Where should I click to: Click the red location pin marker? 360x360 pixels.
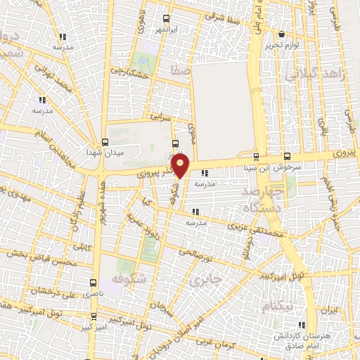tap(181, 167)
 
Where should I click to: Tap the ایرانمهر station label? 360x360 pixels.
tap(165, 31)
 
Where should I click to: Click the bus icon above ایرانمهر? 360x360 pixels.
tap(166, 19)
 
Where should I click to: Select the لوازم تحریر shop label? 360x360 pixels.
tap(281, 44)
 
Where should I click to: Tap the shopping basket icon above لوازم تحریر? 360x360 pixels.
tap(281, 33)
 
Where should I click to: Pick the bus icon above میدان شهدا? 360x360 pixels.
tap(105, 142)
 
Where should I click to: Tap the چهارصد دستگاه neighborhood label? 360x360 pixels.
tap(261, 199)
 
